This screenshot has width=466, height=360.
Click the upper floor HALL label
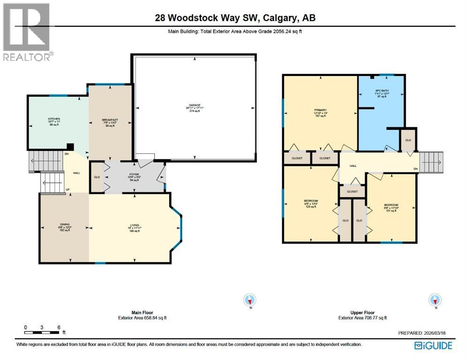tap(353, 165)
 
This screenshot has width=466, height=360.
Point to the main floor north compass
tap(250, 300)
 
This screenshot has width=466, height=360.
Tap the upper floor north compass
tap(436, 300)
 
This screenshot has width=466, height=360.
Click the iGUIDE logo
tap(434, 345)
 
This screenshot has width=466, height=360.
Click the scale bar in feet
tap(42, 332)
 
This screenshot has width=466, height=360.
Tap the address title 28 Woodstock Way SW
tap(235, 18)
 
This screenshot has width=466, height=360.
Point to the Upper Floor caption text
tap(362, 315)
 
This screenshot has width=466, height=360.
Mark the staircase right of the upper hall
tap(430, 162)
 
